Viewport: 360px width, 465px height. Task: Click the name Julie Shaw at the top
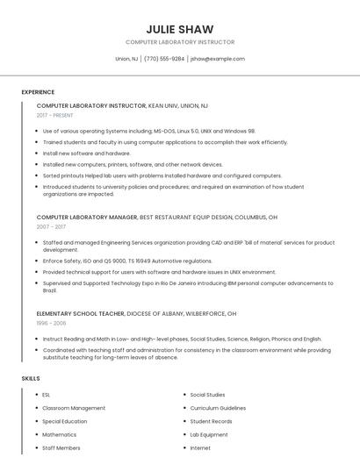click(x=180, y=29)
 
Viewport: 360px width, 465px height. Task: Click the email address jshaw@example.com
click(x=217, y=59)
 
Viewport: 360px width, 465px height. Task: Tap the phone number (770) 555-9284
click(x=164, y=59)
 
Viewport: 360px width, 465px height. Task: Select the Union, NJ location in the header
click(x=126, y=59)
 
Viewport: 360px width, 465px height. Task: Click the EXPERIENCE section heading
click(x=38, y=92)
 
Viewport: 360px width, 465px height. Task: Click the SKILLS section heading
click(x=31, y=378)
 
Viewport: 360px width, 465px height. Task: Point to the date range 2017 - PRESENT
click(x=56, y=116)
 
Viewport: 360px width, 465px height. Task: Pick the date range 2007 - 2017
click(x=51, y=226)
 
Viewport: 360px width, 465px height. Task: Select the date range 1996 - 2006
click(x=51, y=323)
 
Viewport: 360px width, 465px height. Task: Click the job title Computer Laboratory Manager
click(x=87, y=216)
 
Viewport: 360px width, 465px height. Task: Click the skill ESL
click(x=47, y=395)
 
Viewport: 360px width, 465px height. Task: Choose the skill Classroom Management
click(x=74, y=408)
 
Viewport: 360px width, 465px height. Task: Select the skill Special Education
click(x=65, y=421)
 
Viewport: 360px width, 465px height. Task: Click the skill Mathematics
click(x=60, y=434)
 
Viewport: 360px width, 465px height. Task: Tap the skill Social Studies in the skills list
click(x=207, y=395)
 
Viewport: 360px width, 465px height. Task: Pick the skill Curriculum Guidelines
click(x=218, y=408)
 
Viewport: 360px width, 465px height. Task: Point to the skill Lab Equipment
click(x=209, y=434)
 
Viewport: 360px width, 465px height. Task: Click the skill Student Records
click(x=211, y=421)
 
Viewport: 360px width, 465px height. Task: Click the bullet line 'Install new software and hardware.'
click(x=86, y=153)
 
